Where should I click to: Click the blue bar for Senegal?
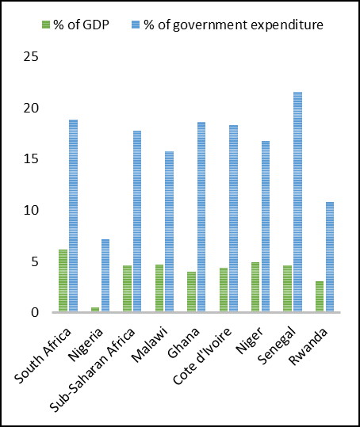coord(297,202)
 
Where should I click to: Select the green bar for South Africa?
coord(63,280)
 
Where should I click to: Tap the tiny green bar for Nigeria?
coord(95,309)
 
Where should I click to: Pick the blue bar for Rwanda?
coord(330,257)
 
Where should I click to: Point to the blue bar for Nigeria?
coord(105,276)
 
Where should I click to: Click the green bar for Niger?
coord(255,287)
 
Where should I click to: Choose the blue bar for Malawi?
coord(169,231)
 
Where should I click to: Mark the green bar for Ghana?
coord(192,292)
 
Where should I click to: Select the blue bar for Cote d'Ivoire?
coord(234,219)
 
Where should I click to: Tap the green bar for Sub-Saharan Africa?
coord(127,288)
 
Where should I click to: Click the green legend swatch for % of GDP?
coord(46,25)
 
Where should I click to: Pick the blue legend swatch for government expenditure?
coord(136,25)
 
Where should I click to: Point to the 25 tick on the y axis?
coord(31,57)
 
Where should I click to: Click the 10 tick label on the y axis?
coord(31,211)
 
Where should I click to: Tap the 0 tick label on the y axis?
coord(35,313)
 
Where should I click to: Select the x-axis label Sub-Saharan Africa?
coord(93,369)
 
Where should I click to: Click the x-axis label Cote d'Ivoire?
coord(202,356)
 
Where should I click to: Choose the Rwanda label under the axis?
coord(308,346)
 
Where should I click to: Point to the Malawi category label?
coord(149,345)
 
